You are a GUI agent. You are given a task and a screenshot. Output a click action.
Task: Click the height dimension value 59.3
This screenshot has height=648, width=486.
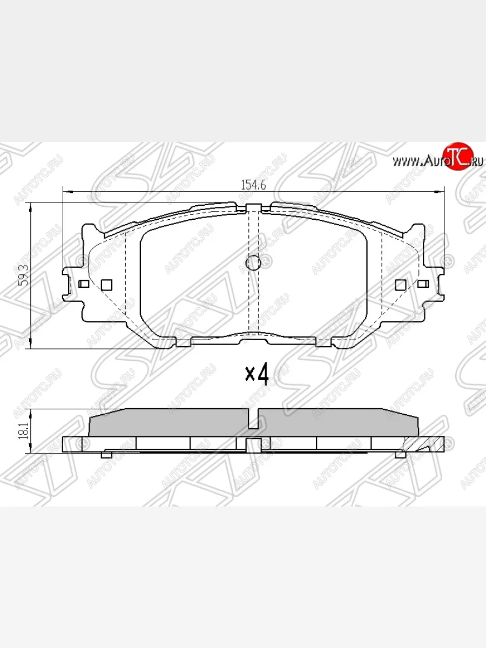pos(23,275)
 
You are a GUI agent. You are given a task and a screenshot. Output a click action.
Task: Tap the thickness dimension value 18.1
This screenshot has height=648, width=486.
pos(23,431)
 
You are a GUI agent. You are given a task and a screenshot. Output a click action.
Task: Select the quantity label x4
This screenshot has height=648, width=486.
pos(257,374)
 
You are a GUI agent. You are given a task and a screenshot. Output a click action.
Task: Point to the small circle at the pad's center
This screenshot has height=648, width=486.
pos(253,263)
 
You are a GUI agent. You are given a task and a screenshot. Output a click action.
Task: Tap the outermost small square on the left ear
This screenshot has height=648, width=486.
pos(84,283)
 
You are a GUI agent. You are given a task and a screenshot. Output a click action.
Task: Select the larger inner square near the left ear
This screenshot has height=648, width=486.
pos(106,284)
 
